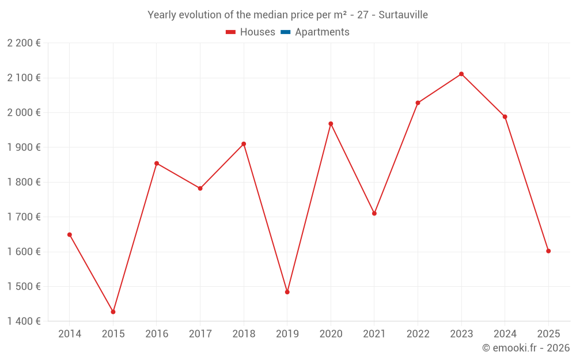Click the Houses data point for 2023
[461, 74]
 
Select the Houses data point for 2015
[113, 312]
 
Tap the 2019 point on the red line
[287, 292]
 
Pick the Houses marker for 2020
[331, 124]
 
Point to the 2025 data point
[548, 251]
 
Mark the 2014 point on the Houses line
[70, 234]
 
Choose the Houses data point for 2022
[418, 103]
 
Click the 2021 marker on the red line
[374, 213]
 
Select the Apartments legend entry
[322, 32]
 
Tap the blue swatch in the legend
[285, 32]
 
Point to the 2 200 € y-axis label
[24, 43]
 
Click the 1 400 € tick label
[24, 321]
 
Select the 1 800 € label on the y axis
[24, 182]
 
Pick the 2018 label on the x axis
[244, 334]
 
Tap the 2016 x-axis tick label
[157, 334]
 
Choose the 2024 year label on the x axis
[505, 334]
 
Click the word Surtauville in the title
[403, 15]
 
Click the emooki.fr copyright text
[526, 348]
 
